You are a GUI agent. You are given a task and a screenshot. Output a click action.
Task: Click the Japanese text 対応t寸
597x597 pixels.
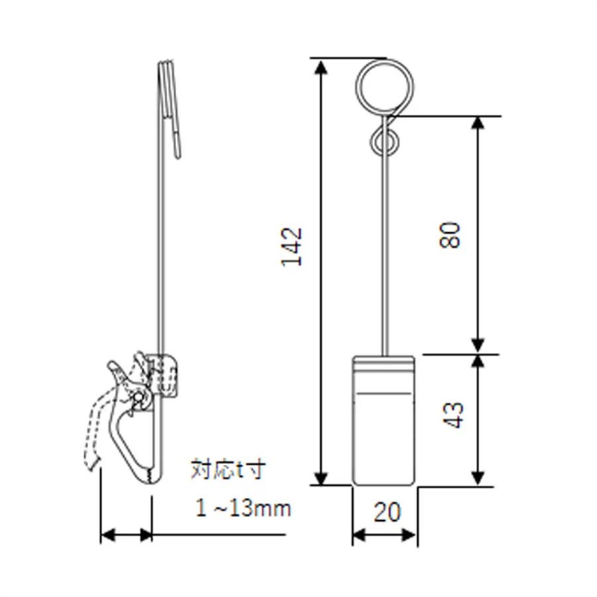228,471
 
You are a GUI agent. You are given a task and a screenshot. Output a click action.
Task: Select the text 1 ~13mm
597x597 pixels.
243,509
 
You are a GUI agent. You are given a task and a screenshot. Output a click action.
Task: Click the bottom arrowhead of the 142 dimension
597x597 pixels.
321,478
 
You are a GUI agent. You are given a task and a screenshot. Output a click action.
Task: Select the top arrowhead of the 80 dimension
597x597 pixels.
478,125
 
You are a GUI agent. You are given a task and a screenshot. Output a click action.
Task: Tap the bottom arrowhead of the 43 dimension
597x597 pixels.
478,478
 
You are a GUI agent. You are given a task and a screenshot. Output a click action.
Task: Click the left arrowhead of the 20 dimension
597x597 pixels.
359,535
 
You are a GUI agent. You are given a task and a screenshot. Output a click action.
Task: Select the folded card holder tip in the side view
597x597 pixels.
176,142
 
